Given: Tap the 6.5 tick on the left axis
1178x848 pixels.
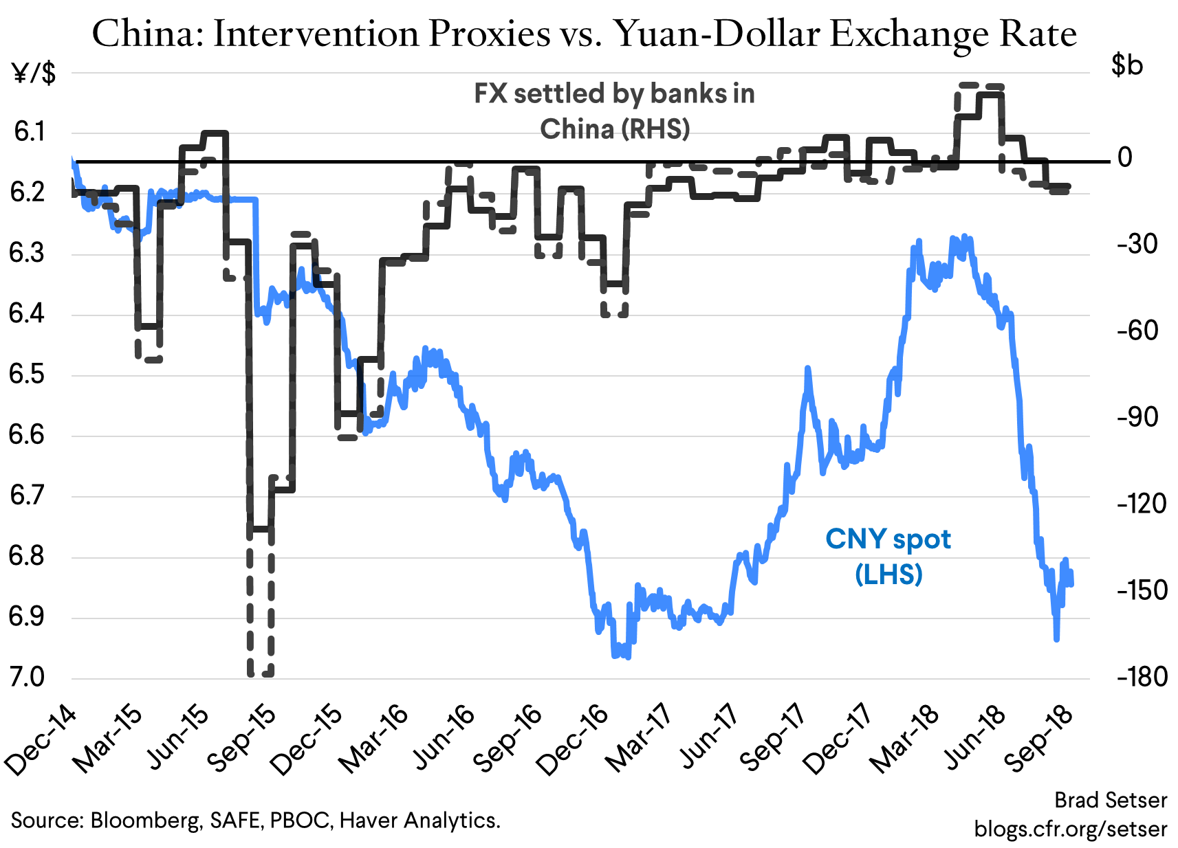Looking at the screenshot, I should [x=26, y=375].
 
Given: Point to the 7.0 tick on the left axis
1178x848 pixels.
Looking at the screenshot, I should [x=26, y=677].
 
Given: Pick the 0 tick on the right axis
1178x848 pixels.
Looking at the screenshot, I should [x=1124, y=157].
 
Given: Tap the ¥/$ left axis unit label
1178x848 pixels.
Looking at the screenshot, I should [x=34, y=72].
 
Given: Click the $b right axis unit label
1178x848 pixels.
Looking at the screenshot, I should [x=1127, y=65].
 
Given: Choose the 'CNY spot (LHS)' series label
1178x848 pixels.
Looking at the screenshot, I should [x=888, y=556].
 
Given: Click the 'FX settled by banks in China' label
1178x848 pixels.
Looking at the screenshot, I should [x=614, y=111].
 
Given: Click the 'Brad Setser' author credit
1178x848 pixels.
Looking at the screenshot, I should [x=1111, y=800].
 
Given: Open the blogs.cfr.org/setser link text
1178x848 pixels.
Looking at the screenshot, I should [x=1071, y=828].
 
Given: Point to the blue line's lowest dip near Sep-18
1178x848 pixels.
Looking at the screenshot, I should [x=1056, y=638].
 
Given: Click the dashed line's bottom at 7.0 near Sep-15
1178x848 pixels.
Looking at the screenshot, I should [x=261, y=674].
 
